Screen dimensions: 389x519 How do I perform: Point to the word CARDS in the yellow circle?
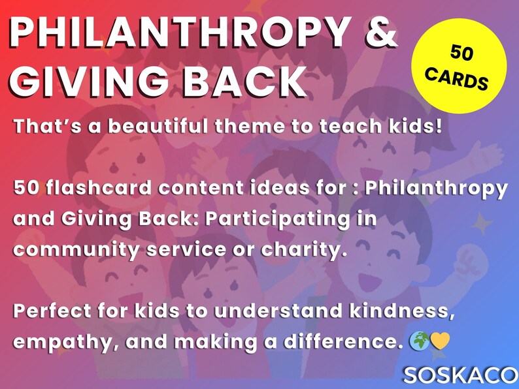pos(458,78)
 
